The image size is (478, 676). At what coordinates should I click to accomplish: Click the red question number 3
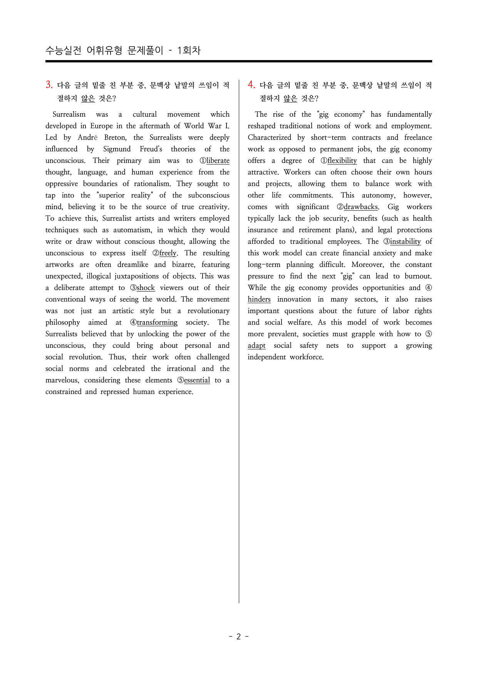coord(49,85)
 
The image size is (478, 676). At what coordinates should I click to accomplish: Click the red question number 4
coord(251,85)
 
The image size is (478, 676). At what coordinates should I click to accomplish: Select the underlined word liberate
coord(218,161)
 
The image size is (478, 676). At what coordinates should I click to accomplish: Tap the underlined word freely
coord(168,253)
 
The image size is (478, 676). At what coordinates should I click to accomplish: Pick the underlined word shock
coord(146,288)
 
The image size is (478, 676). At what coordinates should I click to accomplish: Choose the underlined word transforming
coord(157,322)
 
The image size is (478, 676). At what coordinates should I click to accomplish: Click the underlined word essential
coord(197,380)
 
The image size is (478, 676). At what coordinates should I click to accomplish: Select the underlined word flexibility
coord(342,161)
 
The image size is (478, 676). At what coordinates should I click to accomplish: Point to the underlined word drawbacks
coord(361,207)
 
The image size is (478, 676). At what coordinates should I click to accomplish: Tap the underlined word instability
coord(405,242)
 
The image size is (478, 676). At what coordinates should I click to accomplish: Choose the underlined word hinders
coord(259,299)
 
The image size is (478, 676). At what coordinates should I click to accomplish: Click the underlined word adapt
coord(257,346)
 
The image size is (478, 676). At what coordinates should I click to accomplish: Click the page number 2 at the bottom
coord(238,637)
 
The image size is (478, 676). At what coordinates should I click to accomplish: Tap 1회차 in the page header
coord(189,50)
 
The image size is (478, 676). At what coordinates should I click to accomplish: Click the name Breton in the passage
coord(115,138)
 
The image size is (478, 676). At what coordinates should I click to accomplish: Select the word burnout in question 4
coord(418,276)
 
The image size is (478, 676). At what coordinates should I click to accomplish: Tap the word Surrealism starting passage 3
coord(69,114)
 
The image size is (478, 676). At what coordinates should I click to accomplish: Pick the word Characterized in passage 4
coord(269,138)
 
